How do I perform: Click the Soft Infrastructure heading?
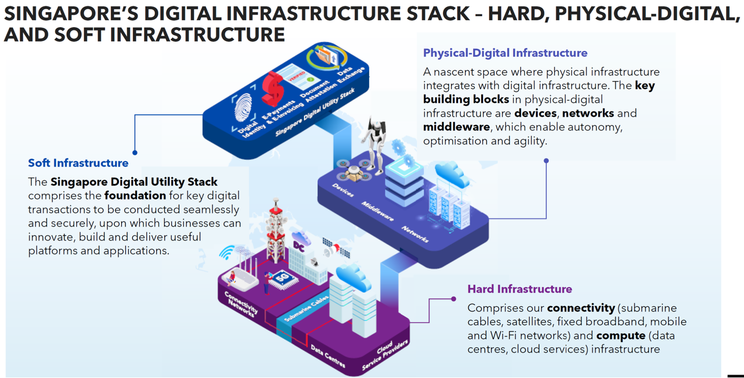78,163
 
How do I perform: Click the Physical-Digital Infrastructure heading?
505,53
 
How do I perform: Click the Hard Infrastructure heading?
519,289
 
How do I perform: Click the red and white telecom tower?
276,231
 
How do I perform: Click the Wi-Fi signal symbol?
227,252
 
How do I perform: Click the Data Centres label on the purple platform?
328,355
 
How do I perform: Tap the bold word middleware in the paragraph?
456,127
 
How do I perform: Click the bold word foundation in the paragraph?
135,196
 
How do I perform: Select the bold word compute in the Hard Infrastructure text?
620,336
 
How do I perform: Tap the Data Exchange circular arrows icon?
326,57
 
